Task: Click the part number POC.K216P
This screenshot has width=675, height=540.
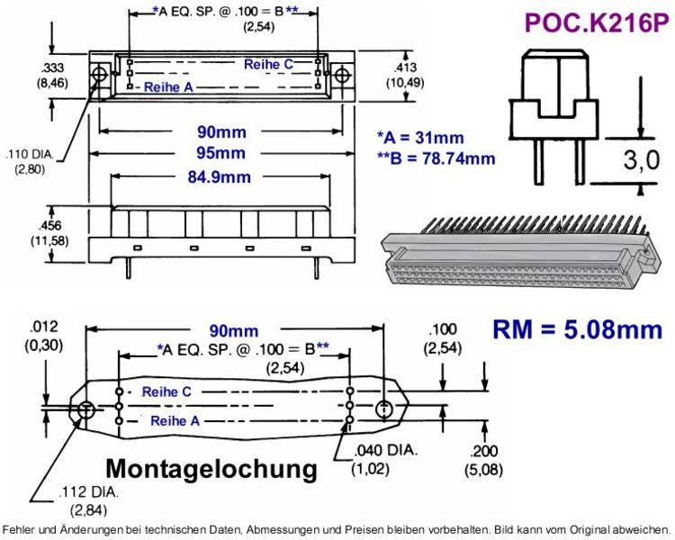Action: click(597, 22)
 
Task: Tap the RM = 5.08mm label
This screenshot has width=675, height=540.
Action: click(577, 329)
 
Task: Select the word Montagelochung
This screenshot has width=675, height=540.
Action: click(211, 469)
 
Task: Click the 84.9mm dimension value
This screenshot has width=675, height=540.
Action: click(219, 177)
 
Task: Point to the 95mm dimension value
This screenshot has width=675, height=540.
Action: click(220, 153)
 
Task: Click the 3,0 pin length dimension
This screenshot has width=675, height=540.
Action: click(642, 160)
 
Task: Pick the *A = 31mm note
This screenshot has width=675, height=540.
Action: click(420, 138)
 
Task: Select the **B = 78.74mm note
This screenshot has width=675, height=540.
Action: click(436, 158)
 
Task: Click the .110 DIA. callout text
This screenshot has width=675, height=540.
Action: click(30, 154)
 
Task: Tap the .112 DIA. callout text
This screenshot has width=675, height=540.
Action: click(89, 491)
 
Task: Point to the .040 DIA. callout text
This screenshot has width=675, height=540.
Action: click(386, 450)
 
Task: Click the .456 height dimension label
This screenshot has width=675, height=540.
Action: click(49, 226)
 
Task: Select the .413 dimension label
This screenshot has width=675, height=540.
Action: click(405, 67)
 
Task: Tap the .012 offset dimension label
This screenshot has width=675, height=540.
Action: click(44, 327)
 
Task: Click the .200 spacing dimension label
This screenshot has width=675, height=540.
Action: click(484, 452)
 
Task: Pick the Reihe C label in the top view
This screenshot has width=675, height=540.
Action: click(268, 65)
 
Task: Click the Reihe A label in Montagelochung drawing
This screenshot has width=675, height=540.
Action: click(175, 420)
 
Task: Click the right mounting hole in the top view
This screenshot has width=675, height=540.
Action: click(342, 76)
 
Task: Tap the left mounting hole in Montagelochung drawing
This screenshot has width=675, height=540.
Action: click(86, 409)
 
